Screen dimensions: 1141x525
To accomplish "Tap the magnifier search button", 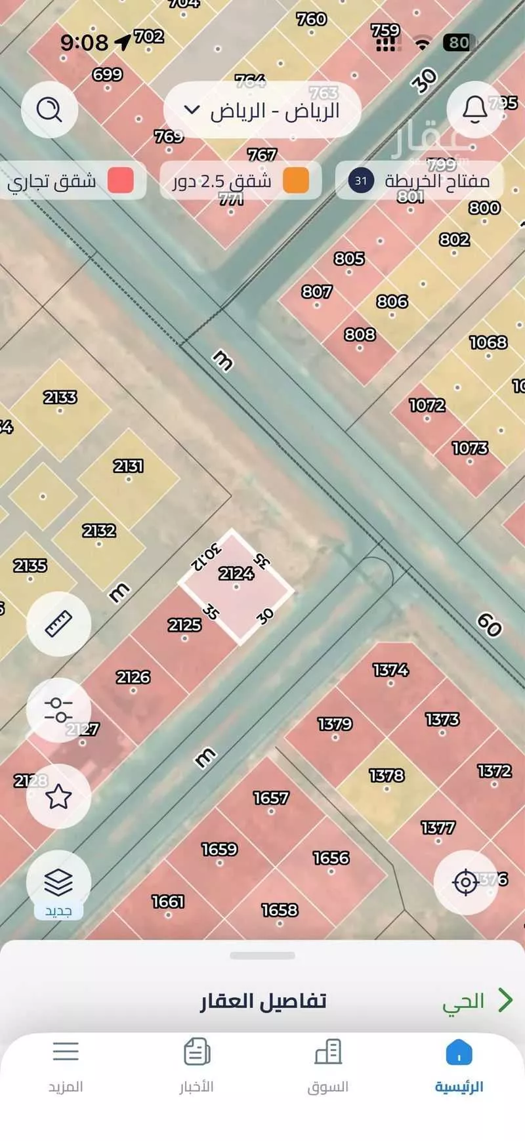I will pyautogui.click(x=49, y=109).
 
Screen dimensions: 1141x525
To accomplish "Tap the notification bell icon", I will pyautogui.click(x=474, y=109).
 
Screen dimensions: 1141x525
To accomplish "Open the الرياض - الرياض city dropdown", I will pyautogui.click(x=262, y=111).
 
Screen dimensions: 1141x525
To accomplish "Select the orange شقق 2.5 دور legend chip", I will pyautogui.click(x=240, y=180).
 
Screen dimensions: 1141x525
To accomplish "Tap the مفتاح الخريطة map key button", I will pyautogui.click(x=420, y=180).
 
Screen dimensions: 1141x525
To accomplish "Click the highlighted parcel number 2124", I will pyautogui.click(x=236, y=574).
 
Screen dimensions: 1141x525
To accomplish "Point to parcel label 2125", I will pyautogui.click(x=184, y=625).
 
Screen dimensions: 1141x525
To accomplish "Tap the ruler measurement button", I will pyautogui.click(x=58, y=624).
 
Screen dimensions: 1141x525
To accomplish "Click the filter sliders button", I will pyautogui.click(x=58, y=710).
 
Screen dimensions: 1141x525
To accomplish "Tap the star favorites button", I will pyautogui.click(x=58, y=797).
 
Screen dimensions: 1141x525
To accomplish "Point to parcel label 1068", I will pyautogui.click(x=488, y=342).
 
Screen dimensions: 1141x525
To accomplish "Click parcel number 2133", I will pyautogui.click(x=60, y=398).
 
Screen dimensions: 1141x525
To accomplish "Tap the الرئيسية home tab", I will pyautogui.click(x=459, y=1066).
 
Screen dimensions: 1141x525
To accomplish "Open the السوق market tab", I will pyautogui.click(x=328, y=1066).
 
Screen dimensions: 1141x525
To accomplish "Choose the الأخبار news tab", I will pyautogui.click(x=197, y=1066).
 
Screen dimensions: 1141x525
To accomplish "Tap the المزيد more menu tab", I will pyautogui.click(x=66, y=1066).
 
